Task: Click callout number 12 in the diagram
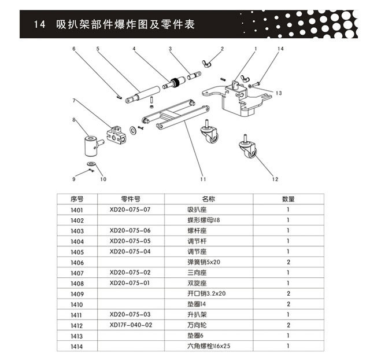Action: tap(275, 179)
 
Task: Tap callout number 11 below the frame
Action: tap(203, 171)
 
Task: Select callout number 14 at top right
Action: tap(281, 50)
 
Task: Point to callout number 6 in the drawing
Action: tap(73, 49)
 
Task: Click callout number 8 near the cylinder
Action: tap(73, 120)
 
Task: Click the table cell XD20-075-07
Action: tap(129, 210)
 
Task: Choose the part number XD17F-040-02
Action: tap(131, 325)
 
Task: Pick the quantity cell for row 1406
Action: tap(288, 262)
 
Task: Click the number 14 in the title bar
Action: tap(40, 25)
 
